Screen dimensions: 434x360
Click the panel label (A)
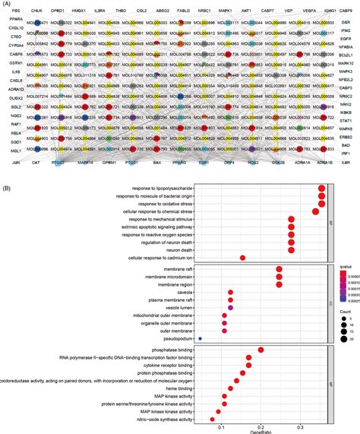pyautogui.click(x=6, y=3)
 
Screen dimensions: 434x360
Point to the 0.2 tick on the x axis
pyautogui.click(x=261, y=424)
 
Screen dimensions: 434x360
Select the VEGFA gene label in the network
pyautogui.click(x=300, y=13)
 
